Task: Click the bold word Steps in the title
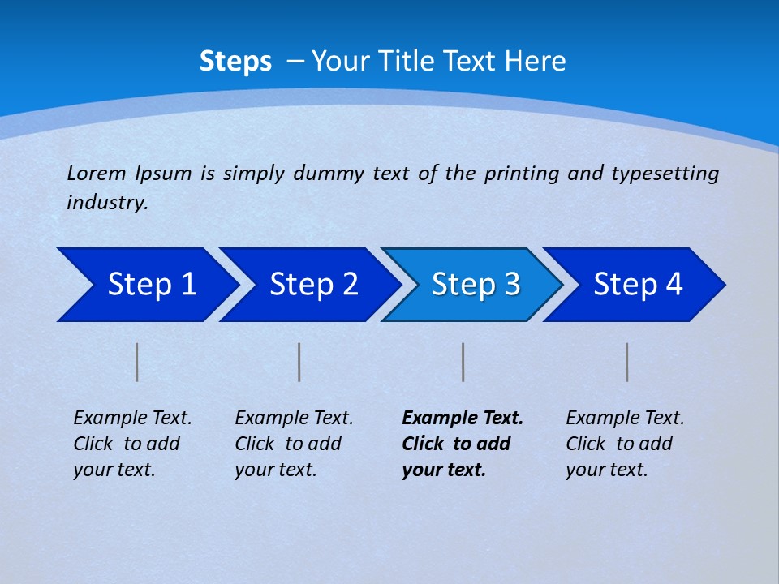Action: coord(235,62)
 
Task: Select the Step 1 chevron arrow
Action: coord(146,285)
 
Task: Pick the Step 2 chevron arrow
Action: coord(308,285)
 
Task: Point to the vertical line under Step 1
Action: coord(137,362)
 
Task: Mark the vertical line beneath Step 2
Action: coord(299,362)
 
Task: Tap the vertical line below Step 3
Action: coord(463,362)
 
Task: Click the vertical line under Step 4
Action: coord(627,362)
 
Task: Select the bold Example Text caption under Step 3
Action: coord(461,444)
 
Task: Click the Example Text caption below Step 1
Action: coord(131,444)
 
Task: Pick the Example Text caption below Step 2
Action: coord(293,444)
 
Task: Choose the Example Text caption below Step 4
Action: coord(624,444)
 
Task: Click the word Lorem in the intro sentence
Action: coord(97,174)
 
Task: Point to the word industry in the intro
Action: coord(107,203)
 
